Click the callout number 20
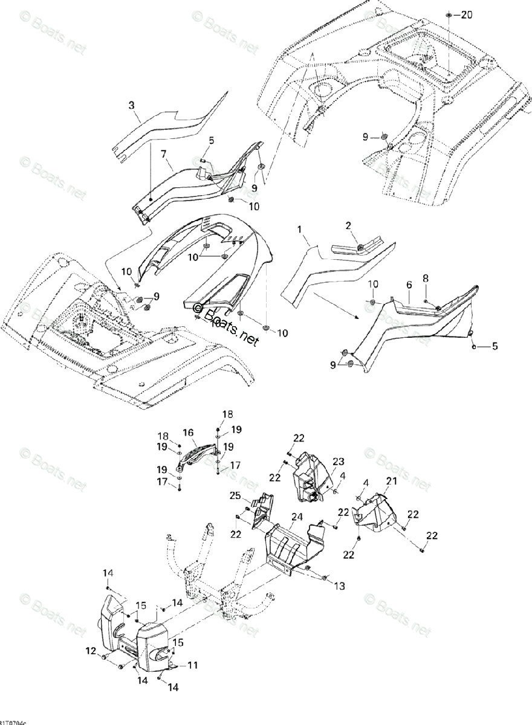click(466, 14)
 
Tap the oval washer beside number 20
click(449, 14)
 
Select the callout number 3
click(132, 106)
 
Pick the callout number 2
click(348, 225)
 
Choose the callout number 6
click(409, 283)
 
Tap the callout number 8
click(425, 279)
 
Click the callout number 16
click(188, 433)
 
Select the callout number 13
click(339, 585)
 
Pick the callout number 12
click(91, 651)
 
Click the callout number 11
click(192, 665)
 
